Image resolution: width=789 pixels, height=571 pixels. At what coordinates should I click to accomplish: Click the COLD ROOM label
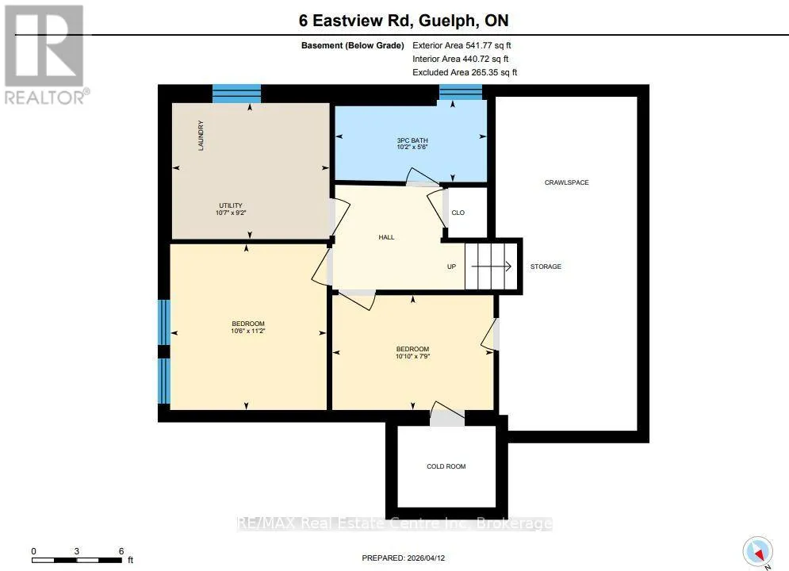pos(446,466)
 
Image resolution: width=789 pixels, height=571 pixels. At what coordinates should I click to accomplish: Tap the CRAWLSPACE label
pos(566,182)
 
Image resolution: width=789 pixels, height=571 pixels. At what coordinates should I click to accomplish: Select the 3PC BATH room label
pos(412,140)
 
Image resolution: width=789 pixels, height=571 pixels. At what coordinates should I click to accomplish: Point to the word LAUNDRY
pos(201,136)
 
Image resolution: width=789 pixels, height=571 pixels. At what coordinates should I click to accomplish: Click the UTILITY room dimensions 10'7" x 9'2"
pos(231,213)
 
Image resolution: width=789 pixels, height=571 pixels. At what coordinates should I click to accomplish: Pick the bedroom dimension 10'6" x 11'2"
pos(247,331)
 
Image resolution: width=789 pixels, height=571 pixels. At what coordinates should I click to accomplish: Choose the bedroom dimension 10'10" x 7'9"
pos(412,356)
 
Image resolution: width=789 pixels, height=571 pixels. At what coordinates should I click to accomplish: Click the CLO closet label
pos(458,213)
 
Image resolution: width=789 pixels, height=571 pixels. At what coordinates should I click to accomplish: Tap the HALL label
pos(386,237)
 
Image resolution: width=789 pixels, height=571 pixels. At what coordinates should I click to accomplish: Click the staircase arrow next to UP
pos(491,266)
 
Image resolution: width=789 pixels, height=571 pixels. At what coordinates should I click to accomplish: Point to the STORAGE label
pos(546,266)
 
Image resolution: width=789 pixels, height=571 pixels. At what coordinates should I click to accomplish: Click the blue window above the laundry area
pos(236,93)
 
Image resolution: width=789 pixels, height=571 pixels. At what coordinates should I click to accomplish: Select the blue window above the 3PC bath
pos(461,92)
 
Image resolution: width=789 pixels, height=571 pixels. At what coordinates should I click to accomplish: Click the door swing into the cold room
pos(447,411)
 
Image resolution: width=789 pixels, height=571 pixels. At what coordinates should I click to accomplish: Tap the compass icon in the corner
pos(758,552)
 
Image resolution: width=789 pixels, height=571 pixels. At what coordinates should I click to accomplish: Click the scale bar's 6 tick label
pos(121,551)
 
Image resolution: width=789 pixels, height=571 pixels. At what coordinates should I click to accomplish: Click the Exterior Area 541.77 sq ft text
pos(462,45)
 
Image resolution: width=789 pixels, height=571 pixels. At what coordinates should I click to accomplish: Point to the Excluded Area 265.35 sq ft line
pos(465,72)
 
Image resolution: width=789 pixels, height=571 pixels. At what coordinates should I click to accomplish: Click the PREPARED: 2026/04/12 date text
pos(403,558)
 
